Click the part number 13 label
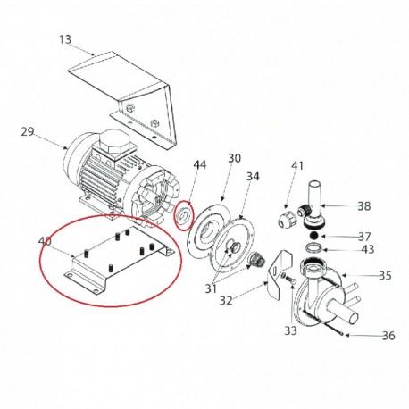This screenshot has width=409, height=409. click(65, 39)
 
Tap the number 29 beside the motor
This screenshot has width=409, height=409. click(28, 131)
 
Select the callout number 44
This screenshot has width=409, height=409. click(200, 164)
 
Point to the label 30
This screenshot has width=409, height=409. click(234, 158)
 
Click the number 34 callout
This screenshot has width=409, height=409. click(253, 177)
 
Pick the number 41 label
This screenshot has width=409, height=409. click(296, 166)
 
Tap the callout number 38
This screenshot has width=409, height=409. click(364, 206)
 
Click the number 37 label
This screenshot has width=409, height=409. click(364, 237)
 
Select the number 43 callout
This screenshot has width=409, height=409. click(368, 249)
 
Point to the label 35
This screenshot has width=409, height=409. click(385, 276)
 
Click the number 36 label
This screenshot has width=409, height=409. click(388, 336)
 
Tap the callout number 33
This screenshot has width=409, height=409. click(290, 330)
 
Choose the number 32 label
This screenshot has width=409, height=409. click(226, 301)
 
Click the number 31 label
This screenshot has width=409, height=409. click(211, 288)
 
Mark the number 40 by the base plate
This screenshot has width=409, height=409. click(45, 240)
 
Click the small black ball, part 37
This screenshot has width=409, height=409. click(313, 236)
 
